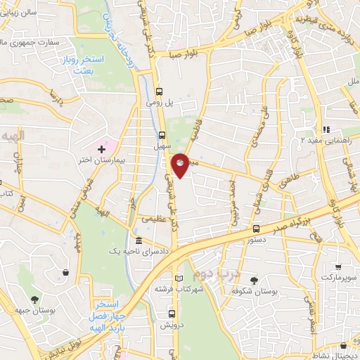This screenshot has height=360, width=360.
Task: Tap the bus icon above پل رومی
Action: (160, 91)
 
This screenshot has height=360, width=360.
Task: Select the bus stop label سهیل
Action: (160, 148)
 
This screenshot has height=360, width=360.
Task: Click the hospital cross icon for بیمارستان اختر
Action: (102, 149)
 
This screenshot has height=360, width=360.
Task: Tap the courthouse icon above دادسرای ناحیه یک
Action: (138, 240)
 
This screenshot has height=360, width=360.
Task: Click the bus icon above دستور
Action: (257, 229)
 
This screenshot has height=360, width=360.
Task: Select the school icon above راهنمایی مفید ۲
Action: (326, 129)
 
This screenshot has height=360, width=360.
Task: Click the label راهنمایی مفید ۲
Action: (326, 140)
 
